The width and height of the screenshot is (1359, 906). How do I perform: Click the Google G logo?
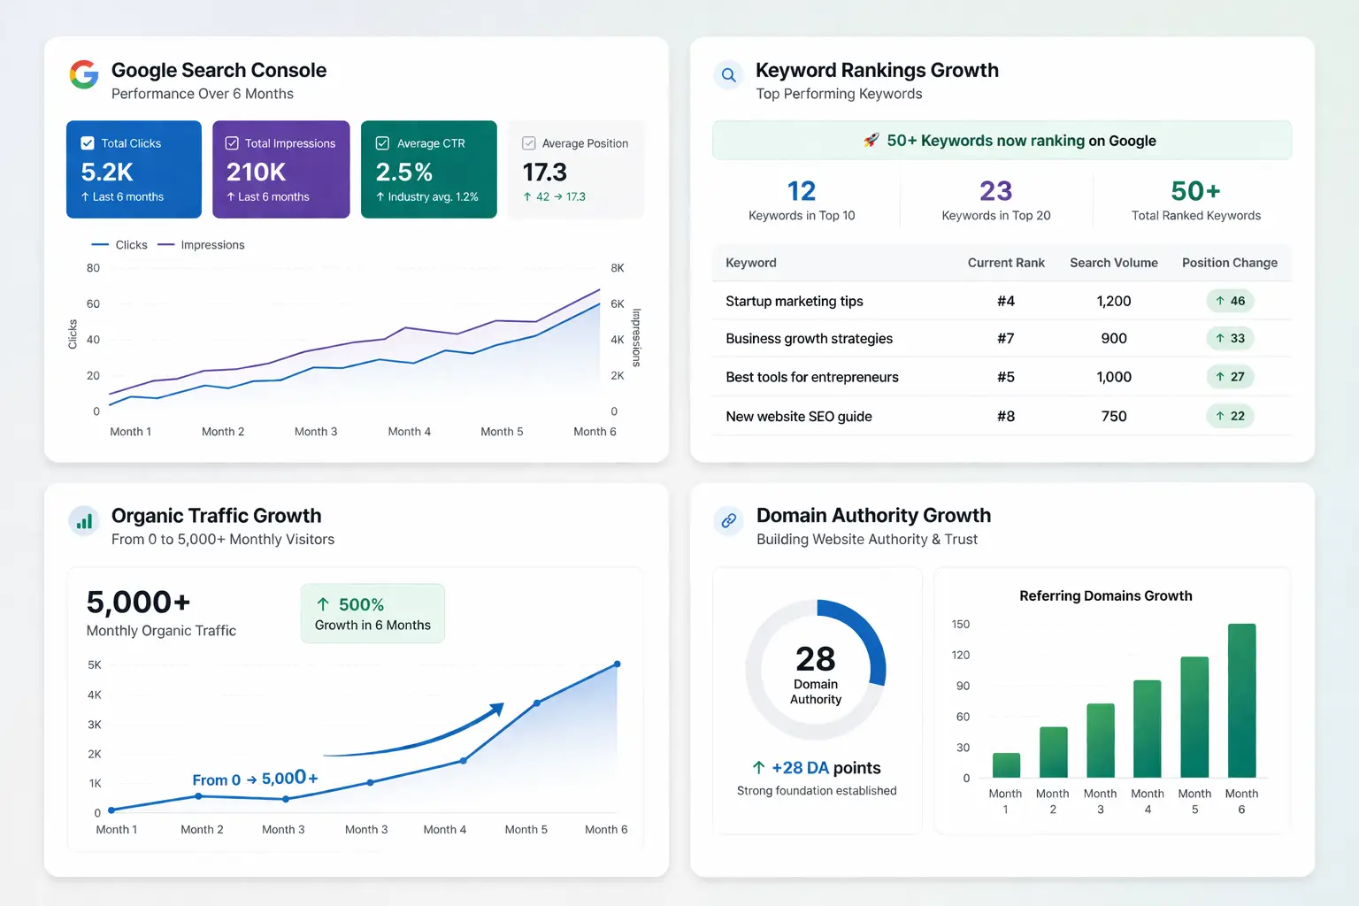[x=84, y=74]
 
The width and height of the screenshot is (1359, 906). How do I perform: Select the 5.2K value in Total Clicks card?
[x=107, y=172]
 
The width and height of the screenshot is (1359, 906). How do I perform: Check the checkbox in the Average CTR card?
[x=383, y=143]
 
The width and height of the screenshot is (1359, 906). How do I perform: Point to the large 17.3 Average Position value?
[x=544, y=172]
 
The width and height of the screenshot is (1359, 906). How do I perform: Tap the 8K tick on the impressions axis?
[x=618, y=268]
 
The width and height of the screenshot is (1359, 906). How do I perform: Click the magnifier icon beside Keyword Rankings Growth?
[x=728, y=75]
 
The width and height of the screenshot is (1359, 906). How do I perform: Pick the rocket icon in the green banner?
[x=871, y=141]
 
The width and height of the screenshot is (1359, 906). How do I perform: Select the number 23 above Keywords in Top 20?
[x=995, y=191]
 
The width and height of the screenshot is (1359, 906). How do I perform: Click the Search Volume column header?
[x=1113, y=263]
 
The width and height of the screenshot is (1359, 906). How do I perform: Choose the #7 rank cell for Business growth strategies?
[x=1005, y=338]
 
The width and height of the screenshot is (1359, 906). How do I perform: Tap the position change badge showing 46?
[x=1230, y=301]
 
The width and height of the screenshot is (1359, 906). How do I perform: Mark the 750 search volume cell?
[x=1113, y=416]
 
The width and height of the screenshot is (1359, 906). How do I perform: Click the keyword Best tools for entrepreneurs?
[x=811, y=377]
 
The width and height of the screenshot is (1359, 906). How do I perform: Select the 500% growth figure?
[x=361, y=605]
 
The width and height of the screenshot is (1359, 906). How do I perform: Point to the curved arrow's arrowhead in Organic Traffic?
[x=497, y=709]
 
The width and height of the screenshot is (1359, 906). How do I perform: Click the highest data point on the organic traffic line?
[x=617, y=664]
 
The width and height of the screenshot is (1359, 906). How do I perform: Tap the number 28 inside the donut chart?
[x=815, y=659]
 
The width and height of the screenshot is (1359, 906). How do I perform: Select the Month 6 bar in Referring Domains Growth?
[x=1241, y=701]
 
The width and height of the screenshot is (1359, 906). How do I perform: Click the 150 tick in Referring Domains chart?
[x=961, y=625]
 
